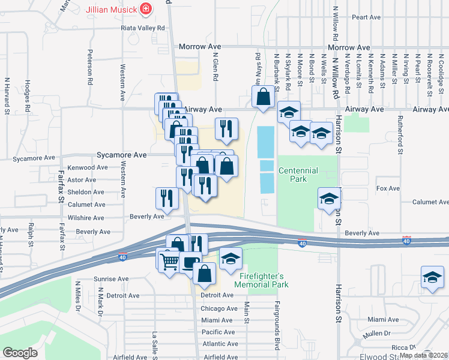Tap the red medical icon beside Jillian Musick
pyautogui.click(x=145, y=9)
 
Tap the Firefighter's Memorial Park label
pyautogui.click(x=264, y=280)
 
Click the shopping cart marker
pyautogui.click(x=169, y=260)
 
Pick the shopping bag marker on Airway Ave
pyautogui.click(x=263, y=97)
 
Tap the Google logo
pyautogui.click(x=20, y=353)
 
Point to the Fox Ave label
pyautogui.click(x=388, y=188)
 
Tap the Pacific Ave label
pyautogui.click(x=218, y=332)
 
